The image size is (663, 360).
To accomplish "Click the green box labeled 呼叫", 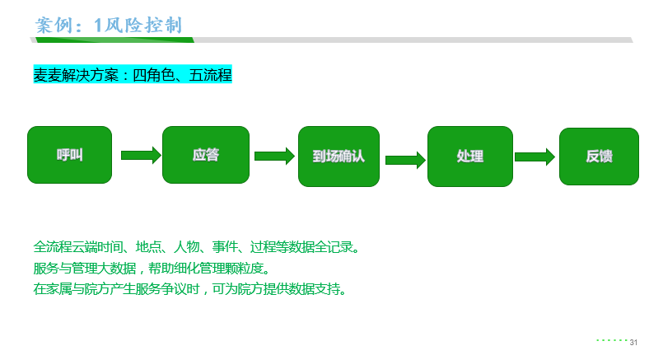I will pos(69,155).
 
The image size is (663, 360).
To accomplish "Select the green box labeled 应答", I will pos(206,155).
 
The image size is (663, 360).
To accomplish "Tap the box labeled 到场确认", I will pos(339,156).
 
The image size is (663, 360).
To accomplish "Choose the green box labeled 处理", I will pos(469,157).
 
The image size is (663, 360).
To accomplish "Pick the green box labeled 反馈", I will pos(599,157).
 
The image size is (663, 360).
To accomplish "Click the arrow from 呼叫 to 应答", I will pos(140,155).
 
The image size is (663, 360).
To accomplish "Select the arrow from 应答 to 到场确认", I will pos(273,156).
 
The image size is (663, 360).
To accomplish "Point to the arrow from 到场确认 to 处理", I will pos(404,158).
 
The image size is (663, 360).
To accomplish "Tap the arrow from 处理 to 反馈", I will pos(535,157).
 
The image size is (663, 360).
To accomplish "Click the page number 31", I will pos(633,342).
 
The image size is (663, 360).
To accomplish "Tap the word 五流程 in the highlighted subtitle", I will pos(210,75).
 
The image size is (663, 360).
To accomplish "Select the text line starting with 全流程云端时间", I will pos(196,247).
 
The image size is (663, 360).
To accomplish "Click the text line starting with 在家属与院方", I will pos(190,289).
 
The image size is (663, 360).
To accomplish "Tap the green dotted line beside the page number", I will pos(611,339).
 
